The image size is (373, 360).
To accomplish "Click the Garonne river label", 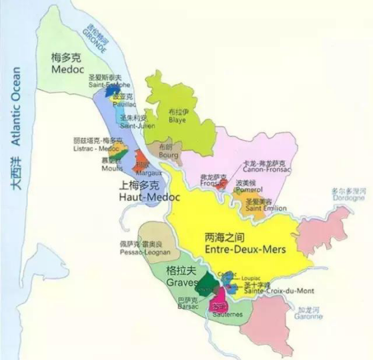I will point(310,313).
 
